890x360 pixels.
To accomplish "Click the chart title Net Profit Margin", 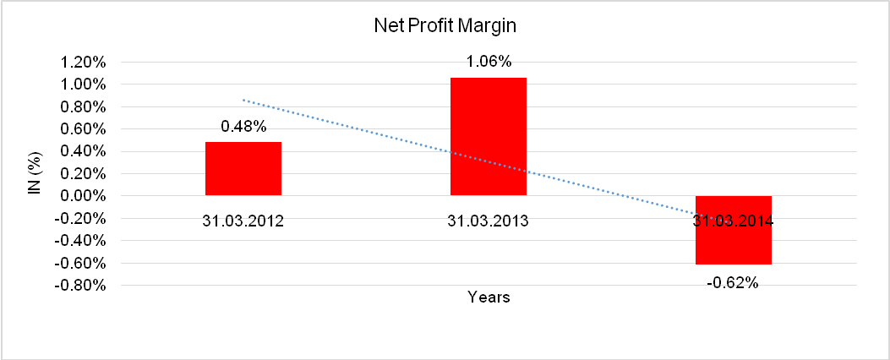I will pos(445,26).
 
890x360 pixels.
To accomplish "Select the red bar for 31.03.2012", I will pos(243,168).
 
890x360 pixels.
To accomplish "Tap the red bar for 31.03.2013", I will pos(489,136).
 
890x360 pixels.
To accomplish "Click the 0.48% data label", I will pos(243,127).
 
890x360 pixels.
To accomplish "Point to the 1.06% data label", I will pos(489,61).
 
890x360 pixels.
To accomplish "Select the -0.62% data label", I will pos(734,282).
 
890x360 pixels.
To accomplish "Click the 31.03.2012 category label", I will pos(243,221).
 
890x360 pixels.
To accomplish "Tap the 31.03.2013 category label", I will pos(489,221).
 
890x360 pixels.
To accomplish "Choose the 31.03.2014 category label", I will pos(734,221).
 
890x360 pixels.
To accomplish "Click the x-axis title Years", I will pos(489,297).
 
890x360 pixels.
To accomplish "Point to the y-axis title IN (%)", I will pos(35,174).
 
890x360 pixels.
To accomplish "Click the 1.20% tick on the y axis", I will pos(83,63).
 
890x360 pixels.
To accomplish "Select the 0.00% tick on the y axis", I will pos(83,196).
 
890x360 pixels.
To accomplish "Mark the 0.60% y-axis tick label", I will pos(83,129).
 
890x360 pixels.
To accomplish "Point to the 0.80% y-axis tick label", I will pos(83,107).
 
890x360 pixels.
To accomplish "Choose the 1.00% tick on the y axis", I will pos(83,85).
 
